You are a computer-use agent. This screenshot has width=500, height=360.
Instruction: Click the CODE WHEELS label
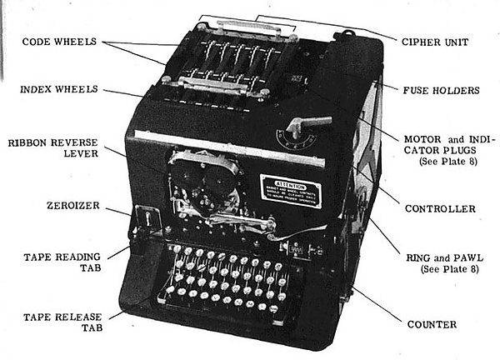point(59,41)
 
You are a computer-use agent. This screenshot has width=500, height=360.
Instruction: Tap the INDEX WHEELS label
point(60,89)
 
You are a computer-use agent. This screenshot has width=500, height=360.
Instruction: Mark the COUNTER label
point(431,323)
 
